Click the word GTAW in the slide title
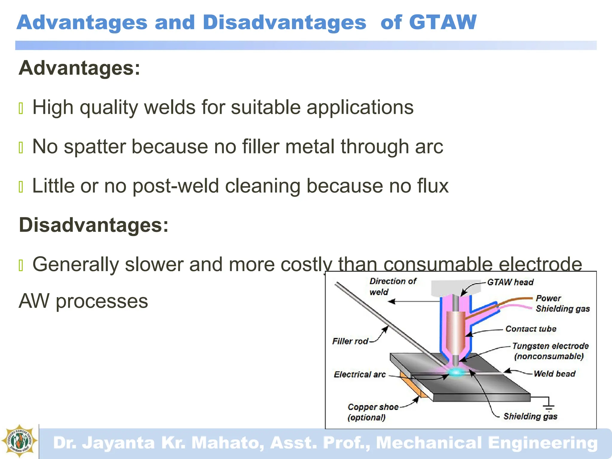(443, 22)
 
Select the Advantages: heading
(79, 68)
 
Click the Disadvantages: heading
(94, 225)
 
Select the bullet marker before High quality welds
(21, 108)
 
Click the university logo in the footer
(19, 441)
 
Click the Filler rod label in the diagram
(350, 341)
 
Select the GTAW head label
(510, 282)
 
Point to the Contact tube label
(531, 329)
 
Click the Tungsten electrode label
(550, 346)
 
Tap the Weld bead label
(554, 374)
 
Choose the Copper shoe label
(373, 407)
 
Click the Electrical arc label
(360, 374)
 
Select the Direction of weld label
(392, 286)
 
